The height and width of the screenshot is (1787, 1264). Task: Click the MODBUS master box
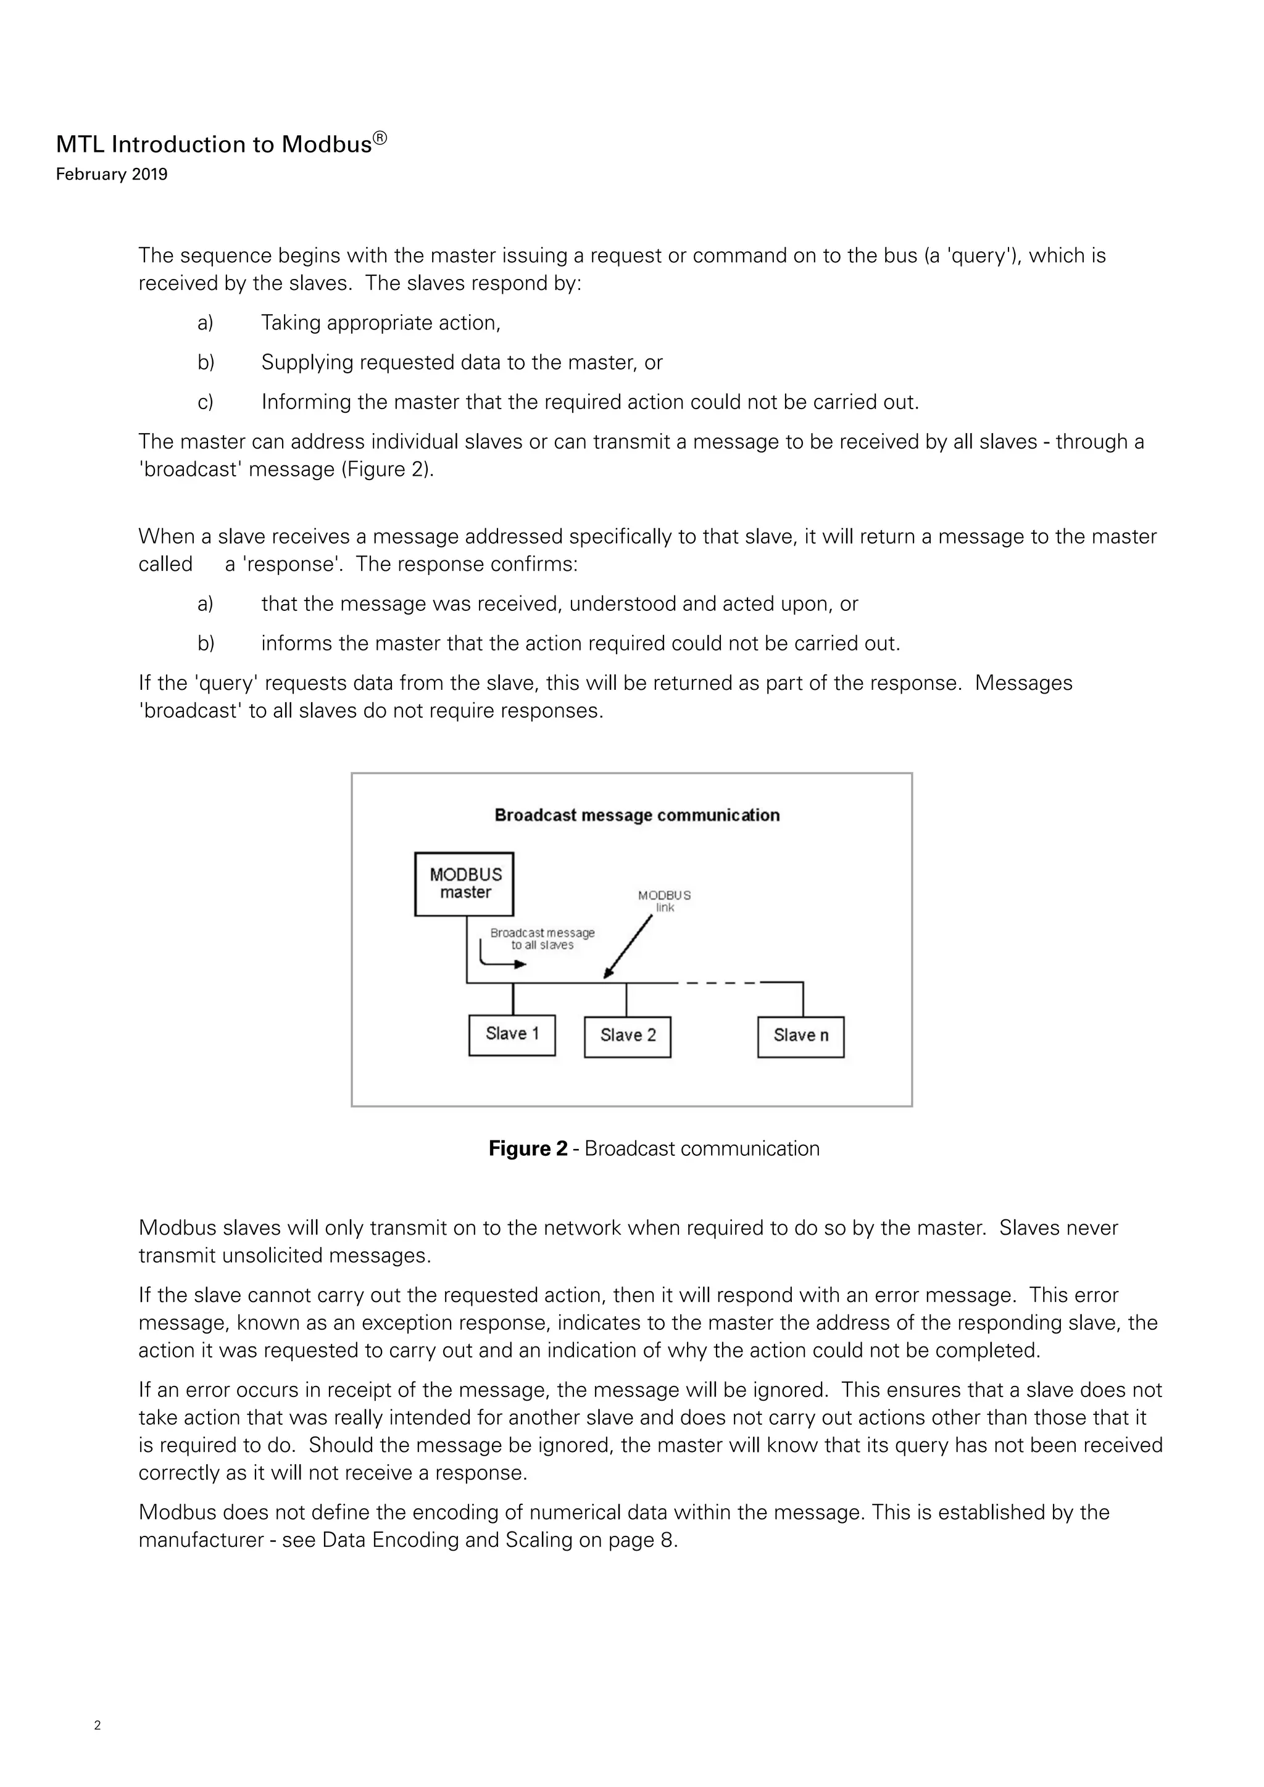465,884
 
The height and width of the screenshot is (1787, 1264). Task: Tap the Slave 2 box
627,1036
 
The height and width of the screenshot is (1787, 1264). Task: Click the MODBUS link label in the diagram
664,902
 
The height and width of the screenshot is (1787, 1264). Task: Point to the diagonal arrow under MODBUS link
629,945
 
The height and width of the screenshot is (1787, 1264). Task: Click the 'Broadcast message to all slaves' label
542,939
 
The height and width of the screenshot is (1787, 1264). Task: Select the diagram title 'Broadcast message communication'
637,815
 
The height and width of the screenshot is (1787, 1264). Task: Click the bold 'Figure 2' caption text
528,1149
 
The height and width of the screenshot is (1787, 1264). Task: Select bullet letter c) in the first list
206,402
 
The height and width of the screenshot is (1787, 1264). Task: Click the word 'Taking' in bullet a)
289,323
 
